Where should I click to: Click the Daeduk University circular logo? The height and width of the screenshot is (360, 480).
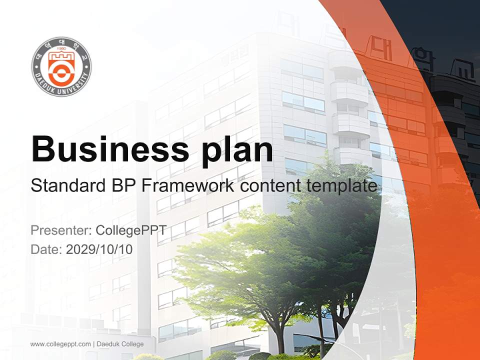(x=61, y=66)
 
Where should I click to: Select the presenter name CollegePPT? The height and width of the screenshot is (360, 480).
(x=130, y=230)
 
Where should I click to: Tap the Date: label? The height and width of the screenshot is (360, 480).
(x=46, y=249)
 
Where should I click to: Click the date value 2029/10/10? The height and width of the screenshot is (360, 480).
(x=99, y=249)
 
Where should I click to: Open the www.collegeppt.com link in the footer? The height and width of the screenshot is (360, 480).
(x=60, y=344)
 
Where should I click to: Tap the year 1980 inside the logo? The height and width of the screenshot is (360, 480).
(x=61, y=50)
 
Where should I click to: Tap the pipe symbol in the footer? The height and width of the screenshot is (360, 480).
(x=93, y=344)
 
